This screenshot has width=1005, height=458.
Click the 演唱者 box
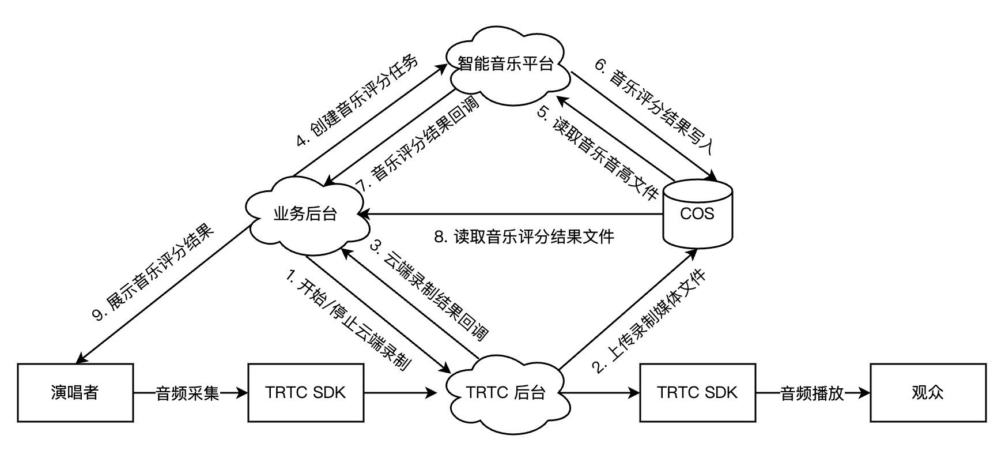75,393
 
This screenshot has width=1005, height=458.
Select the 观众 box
928,393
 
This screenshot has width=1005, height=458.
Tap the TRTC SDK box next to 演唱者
305,393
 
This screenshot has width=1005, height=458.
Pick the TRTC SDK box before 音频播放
697,393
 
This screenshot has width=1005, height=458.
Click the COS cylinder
697,213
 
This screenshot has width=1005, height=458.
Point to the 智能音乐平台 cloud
506,63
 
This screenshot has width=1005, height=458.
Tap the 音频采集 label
187,393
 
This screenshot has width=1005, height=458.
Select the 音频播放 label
812,393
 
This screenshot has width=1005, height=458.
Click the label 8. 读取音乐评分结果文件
524,236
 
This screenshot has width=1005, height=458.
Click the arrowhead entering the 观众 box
864,393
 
